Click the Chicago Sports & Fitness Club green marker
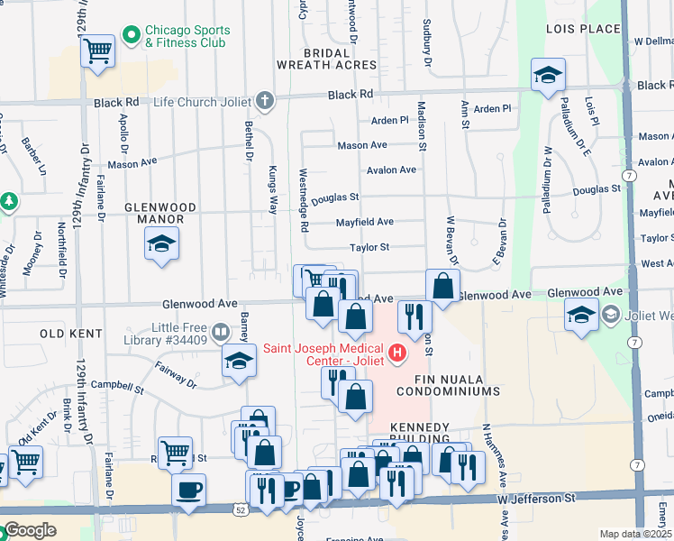click(132, 36)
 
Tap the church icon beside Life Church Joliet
click(265, 101)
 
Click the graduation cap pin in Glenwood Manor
click(161, 244)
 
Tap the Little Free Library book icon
click(221, 333)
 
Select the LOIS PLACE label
click(583, 29)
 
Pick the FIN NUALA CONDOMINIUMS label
click(456, 385)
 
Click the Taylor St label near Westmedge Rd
click(369, 247)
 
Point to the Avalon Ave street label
click(391, 170)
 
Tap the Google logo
click(30, 530)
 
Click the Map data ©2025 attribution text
click(635, 534)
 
